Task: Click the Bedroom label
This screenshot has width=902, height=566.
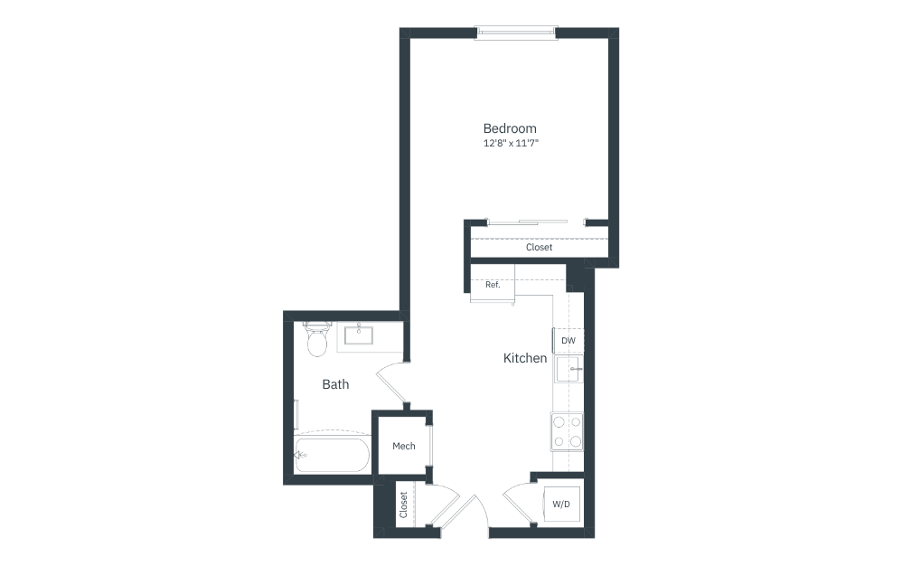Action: tap(509, 128)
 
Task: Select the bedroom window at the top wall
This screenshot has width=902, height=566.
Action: tap(515, 33)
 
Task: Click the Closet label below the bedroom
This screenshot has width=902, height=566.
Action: tap(539, 247)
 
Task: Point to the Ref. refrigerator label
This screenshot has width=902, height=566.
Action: tap(493, 284)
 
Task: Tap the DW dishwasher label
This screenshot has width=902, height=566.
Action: tap(568, 340)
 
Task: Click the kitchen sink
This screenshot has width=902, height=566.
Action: tap(568, 369)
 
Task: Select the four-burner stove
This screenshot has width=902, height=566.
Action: tap(567, 431)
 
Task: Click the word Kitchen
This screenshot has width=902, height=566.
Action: tap(525, 358)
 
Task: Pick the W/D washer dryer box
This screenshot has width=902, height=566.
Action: tap(560, 504)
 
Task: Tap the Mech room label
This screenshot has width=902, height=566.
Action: tap(403, 446)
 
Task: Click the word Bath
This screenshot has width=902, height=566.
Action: tap(335, 384)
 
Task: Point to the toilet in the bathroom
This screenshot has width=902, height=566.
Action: tap(317, 340)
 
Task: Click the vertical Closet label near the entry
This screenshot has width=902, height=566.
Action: tap(403, 505)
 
